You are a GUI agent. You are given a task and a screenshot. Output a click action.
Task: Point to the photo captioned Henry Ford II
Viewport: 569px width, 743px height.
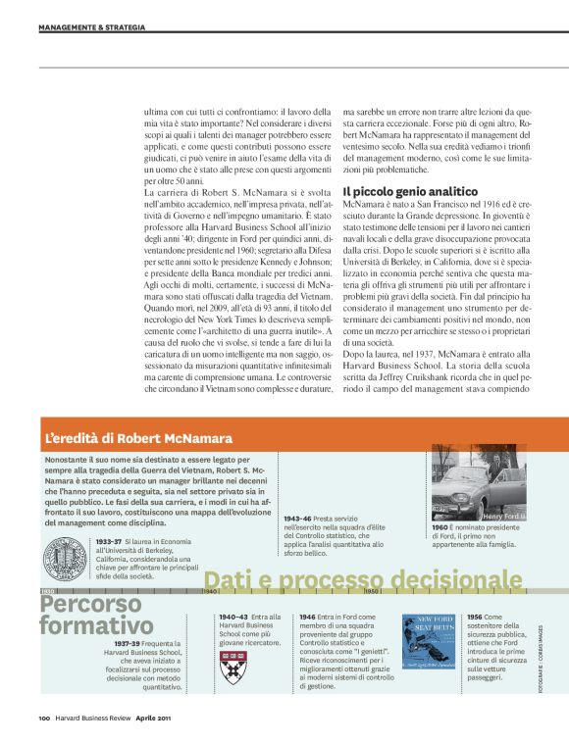tap(479, 482)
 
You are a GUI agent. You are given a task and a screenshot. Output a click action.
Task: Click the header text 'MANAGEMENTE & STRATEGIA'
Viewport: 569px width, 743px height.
tap(91, 27)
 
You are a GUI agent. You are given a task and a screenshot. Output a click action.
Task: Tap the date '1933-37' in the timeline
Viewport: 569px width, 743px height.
tap(109, 540)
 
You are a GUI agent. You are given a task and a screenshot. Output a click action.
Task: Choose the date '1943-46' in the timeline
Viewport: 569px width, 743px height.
tap(297, 518)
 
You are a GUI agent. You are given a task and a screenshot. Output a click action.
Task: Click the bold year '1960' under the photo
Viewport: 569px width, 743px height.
tap(440, 526)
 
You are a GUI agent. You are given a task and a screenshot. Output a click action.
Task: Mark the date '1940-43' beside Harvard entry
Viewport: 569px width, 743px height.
tap(233, 617)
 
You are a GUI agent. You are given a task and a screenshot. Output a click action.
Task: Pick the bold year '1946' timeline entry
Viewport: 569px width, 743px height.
tap(307, 617)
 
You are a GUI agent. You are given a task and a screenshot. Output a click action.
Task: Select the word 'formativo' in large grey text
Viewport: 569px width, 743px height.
tap(96, 624)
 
